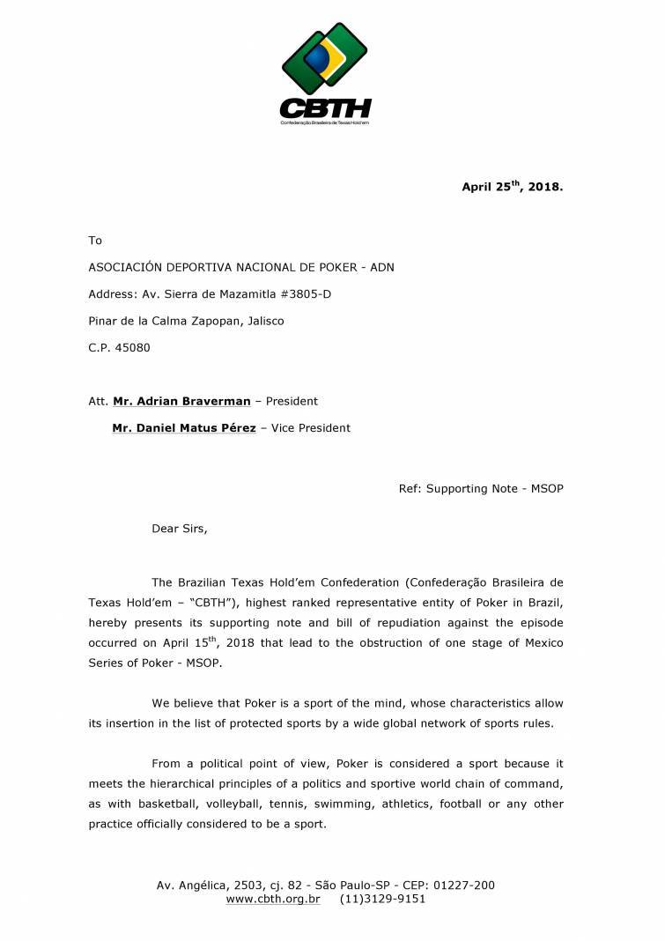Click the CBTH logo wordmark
click(x=325, y=108)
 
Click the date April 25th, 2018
click(x=512, y=187)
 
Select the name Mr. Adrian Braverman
click(x=181, y=401)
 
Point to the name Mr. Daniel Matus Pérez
click(x=184, y=428)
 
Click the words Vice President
click(x=312, y=428)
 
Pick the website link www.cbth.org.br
click(x=273, y=900)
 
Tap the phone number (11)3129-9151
click(x=382, y=900)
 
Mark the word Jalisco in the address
click(x=262, y=321)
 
